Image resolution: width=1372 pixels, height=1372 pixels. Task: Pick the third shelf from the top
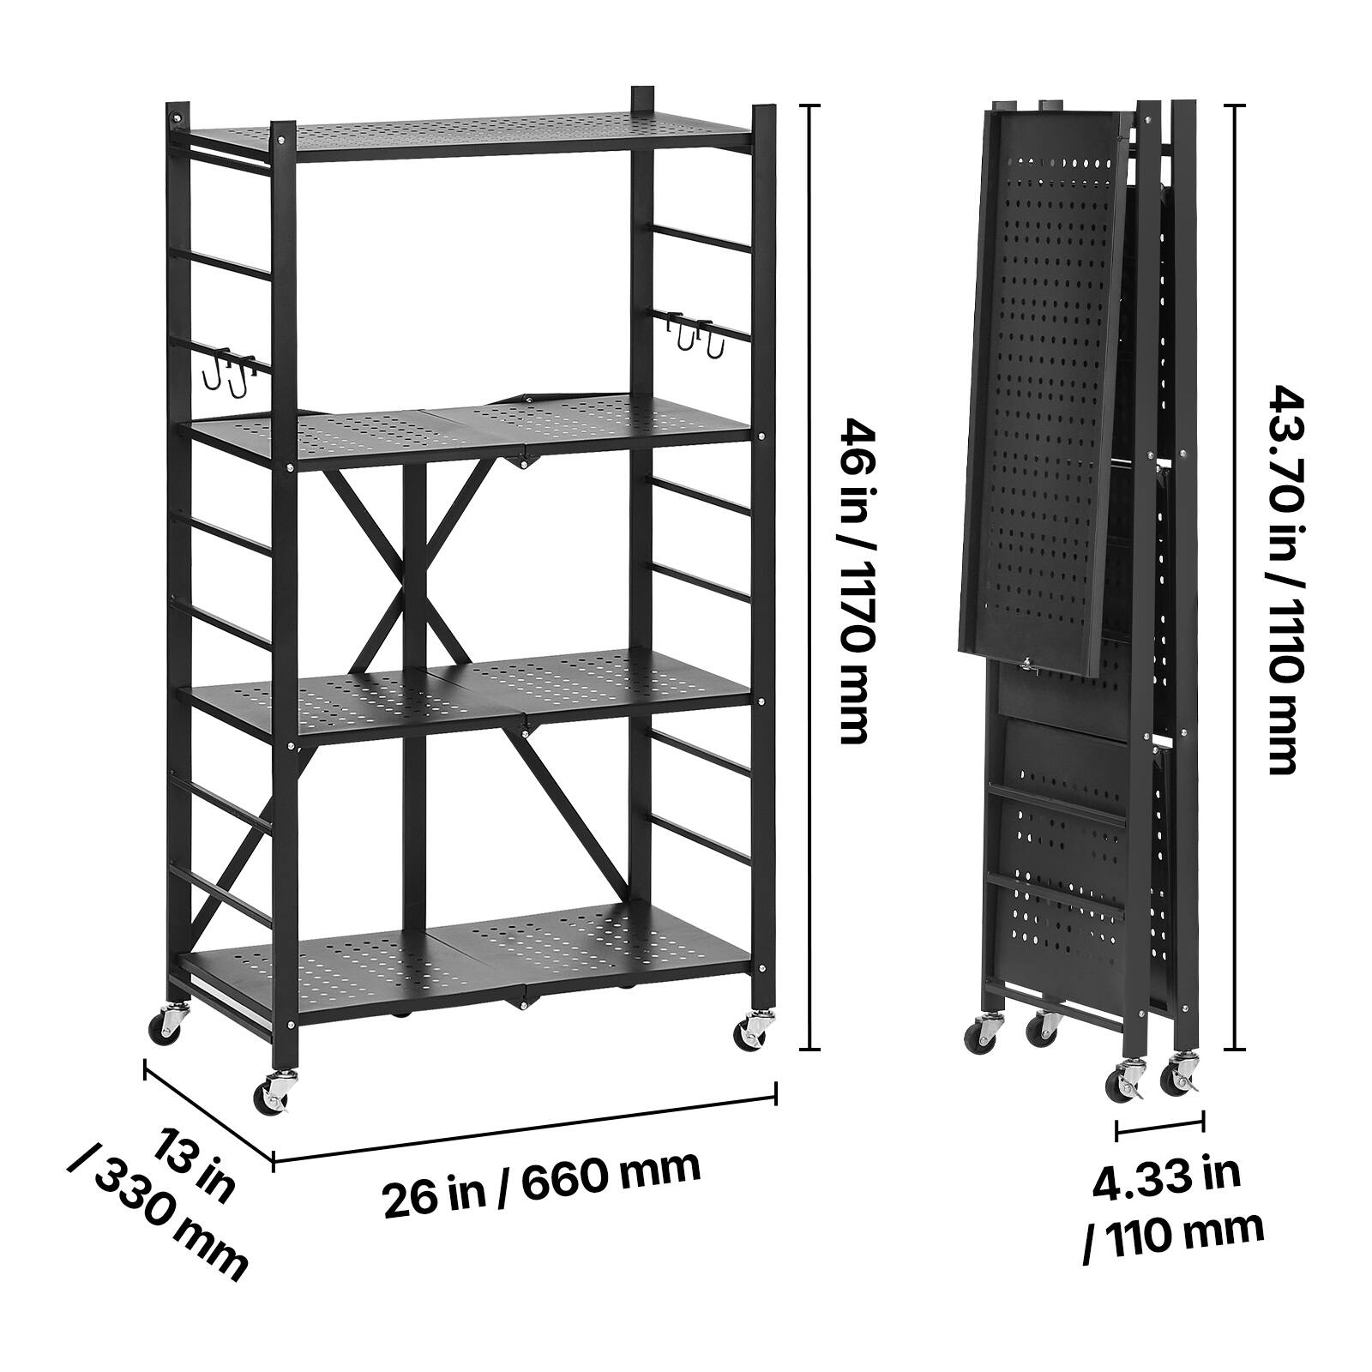pos(472,695)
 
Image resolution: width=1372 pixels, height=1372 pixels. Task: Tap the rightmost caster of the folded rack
pos(1179,1075)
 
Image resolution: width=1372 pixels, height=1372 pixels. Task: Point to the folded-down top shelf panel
pos(1042,386)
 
